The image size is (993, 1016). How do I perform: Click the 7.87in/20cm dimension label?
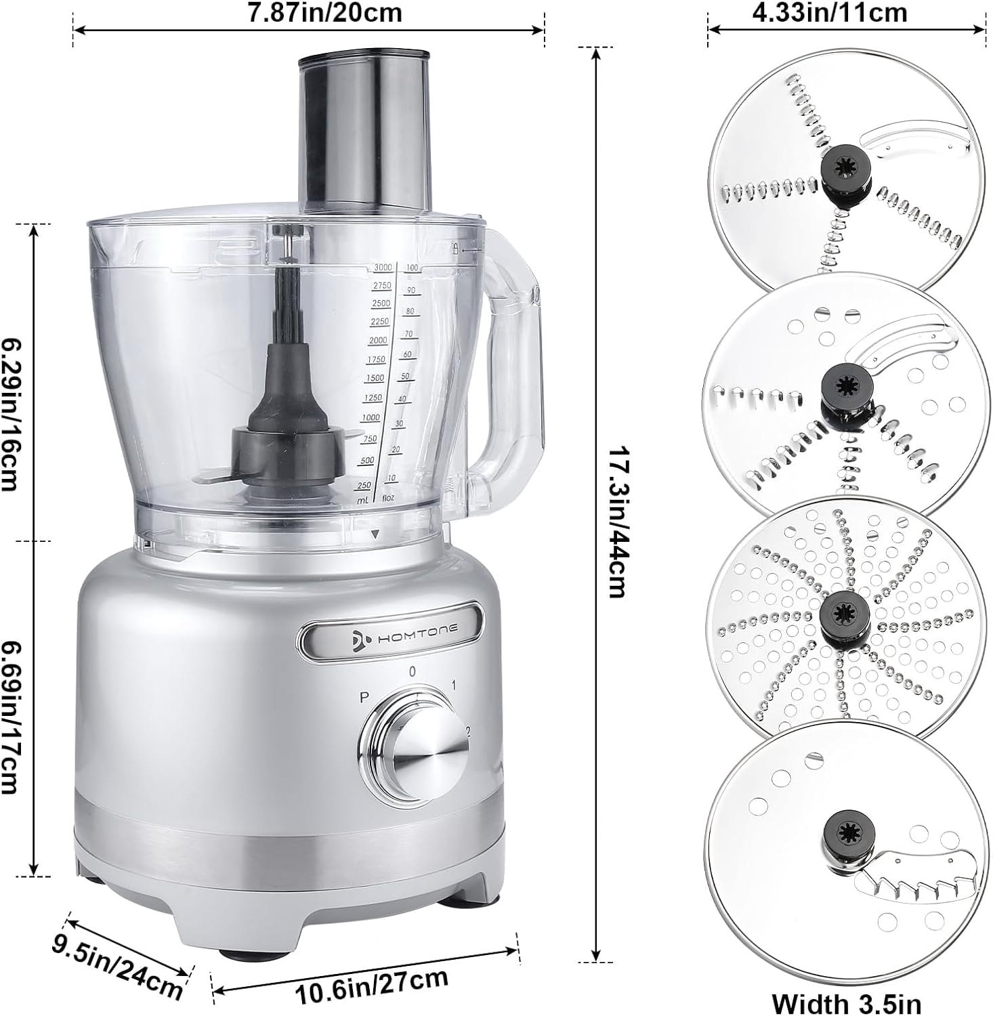tap(324, 12)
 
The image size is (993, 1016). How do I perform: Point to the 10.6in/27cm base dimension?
tap(371, 986)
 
